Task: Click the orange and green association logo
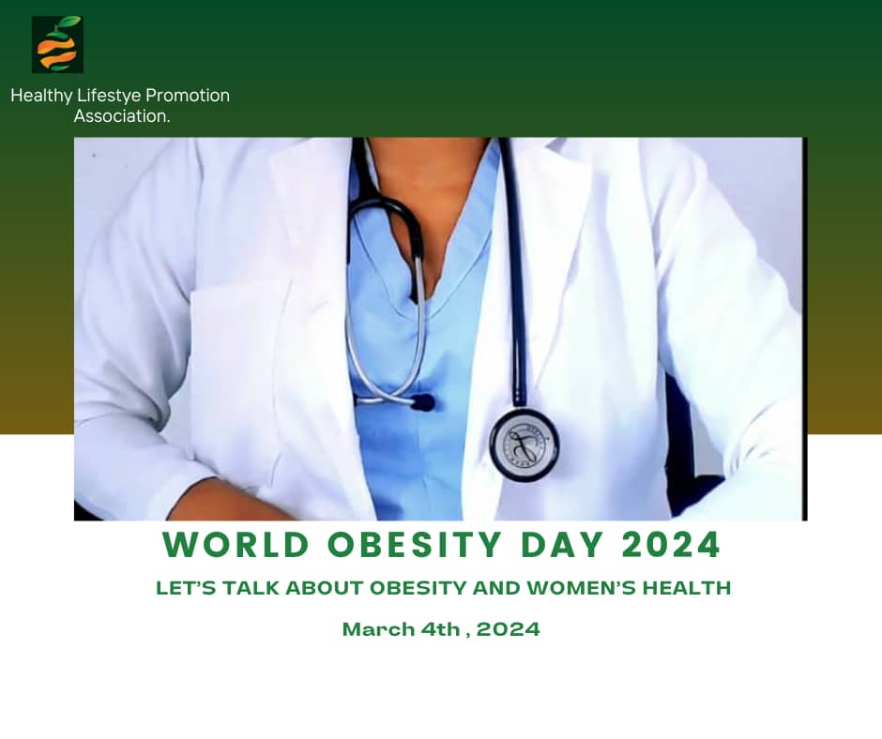pyautogui.click(x=57, y=44)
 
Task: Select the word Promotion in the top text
pyautogui.click(x=188, y=96)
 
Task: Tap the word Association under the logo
pyautogui.click(x=120, y=116)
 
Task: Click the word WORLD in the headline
pyautogui.click(x=236, y=545)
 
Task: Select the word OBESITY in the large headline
pyautogui.click(x=414, y=545)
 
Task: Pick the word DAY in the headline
pyautogui.click(x=562, y=545)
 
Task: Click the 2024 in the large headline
pyautogui.click(x=672, y=545)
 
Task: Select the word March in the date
pyautogui.click(x=378, y=629)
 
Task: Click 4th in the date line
pyautogui.click(x=440, y=629)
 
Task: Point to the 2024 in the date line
pyautogui.click(x=509, y=629)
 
